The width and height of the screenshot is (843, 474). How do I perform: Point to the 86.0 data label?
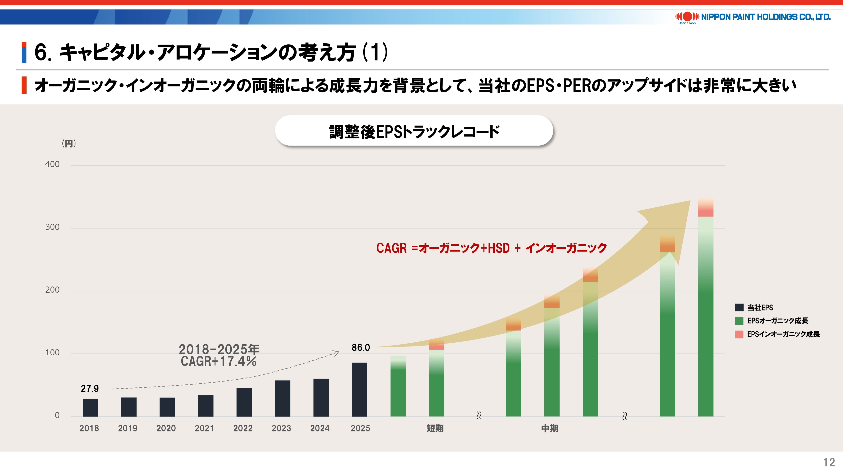point(361,347)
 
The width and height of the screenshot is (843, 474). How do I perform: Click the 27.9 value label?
point(90,389)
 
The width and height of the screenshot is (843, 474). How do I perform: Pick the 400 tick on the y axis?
point(52,164)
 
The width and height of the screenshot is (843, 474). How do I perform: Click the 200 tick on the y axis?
point(52,290)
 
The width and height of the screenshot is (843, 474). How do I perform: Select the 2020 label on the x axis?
point(166,428)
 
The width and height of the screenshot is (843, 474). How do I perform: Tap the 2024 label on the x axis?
point(320,428)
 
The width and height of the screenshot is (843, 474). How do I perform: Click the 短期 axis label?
point(435,428)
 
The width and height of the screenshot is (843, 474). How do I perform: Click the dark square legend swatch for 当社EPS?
point(739,308)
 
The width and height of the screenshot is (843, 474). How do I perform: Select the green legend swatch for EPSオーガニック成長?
point(739,321)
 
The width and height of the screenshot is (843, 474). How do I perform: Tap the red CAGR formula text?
point(491,248)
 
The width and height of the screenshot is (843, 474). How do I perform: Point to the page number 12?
point(829,462)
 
